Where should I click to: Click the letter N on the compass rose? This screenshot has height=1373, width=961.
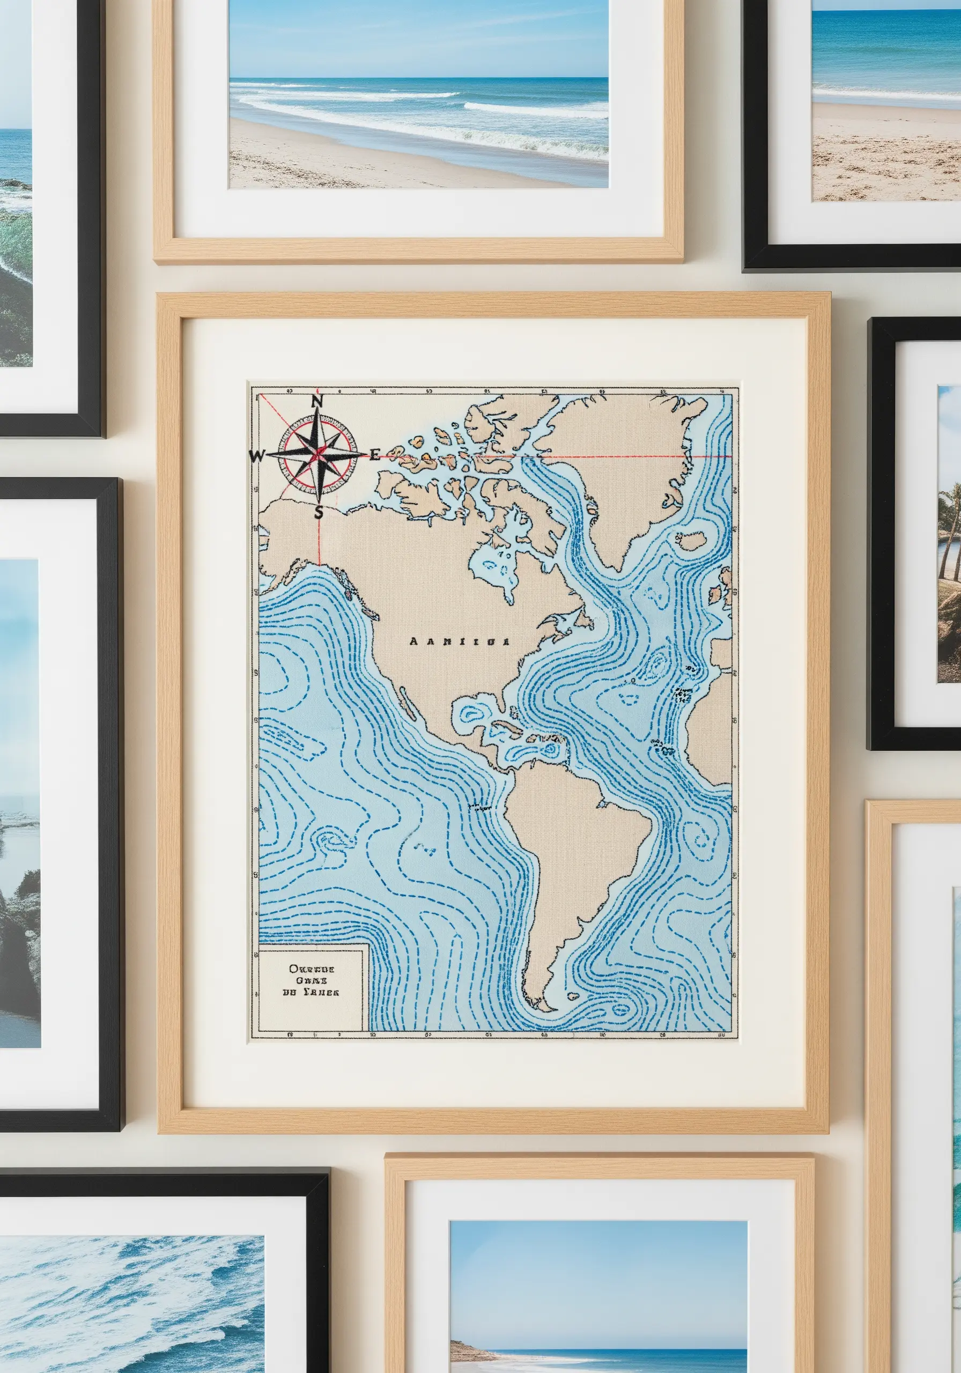pos(318,401)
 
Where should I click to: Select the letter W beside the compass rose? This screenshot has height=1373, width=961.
pos(256,456)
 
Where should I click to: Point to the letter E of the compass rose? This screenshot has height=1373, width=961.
pos(374,456)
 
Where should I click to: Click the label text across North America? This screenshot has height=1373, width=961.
pos(459,641)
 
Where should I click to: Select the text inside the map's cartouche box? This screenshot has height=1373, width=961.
pos(310,979)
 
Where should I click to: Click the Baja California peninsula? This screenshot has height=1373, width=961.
pos(406,703)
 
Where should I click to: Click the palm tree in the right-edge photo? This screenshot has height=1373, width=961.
pos(950,514)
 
